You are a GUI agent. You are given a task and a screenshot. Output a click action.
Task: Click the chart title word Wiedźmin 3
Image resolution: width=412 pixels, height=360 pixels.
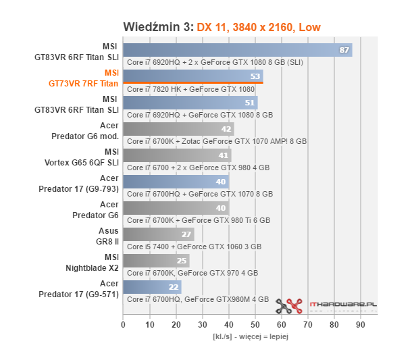[158, 27]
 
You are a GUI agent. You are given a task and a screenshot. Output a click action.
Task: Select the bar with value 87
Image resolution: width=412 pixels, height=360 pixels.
[237, 50]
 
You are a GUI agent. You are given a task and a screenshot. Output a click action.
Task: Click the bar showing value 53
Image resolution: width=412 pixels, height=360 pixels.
[192, 76]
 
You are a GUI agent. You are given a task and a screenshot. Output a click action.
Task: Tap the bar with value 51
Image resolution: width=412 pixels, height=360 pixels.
[190, 103]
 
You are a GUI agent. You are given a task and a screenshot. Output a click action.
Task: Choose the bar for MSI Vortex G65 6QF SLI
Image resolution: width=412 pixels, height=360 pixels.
[177, 155]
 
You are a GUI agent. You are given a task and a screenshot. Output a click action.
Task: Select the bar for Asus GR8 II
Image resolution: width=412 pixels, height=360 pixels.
[158, 234]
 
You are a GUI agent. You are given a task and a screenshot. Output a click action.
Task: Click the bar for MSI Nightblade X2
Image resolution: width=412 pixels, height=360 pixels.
[155, 261]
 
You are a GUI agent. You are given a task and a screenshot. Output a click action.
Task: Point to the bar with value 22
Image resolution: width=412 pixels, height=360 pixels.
[151, 287]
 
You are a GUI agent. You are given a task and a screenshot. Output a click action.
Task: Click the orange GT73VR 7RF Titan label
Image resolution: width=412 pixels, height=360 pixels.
[83, 84]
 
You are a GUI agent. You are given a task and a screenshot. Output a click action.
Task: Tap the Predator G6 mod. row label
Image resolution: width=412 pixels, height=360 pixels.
[85, 136]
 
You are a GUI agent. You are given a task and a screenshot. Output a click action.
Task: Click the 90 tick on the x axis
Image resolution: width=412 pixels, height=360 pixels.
[361, 325]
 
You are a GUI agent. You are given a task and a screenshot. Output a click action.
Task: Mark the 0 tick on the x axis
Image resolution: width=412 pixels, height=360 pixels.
[123, 325]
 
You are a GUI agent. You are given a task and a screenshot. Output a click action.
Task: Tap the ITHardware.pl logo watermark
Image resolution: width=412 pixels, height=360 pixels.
[326, 305]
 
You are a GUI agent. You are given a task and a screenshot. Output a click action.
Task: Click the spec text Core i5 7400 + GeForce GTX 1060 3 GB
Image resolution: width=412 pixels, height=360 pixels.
[194, 247]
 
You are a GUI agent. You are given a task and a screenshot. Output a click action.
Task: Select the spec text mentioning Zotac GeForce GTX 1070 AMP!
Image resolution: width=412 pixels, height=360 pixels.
[216, 141]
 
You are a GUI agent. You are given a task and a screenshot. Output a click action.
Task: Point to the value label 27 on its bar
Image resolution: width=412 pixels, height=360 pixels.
[186, 234]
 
